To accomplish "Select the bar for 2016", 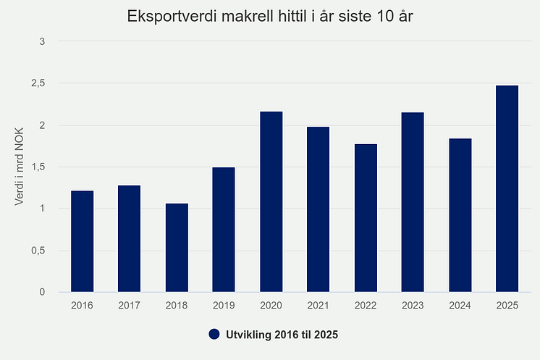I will pyautogui.click(x=82, y=241).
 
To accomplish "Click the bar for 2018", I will pyautogui.click(x=177, y=248).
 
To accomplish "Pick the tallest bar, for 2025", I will pyautogui.click(x=507, y=188).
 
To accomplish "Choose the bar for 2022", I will pyautogui.click(x=366, y=217).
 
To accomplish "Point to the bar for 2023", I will pyautogui.click(x=413, y=202).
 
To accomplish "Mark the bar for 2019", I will pyautogui.click(x=224, y=230).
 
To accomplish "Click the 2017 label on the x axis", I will pyautogui.click(x=130, y=305).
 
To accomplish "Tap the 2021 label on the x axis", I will pyautogui.click(x=318, y=305).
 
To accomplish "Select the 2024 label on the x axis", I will pyautogui.click(x=460, y=305).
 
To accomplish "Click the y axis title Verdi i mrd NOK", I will pyautogui.click(x=20, y=167).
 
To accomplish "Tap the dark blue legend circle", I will pyautogui.click(x=214, y=334).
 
